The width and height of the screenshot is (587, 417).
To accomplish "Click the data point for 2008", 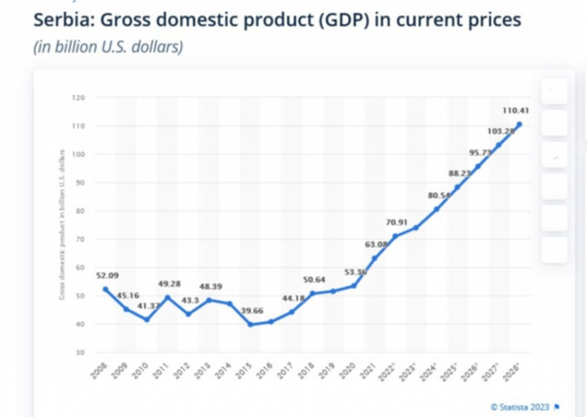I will point(106,289).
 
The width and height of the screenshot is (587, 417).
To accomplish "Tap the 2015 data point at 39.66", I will point(251,324).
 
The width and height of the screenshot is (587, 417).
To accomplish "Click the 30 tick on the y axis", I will point(80,352).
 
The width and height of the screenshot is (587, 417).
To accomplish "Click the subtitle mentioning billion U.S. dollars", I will point(108,47).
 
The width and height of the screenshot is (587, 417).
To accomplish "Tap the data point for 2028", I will point(519,124).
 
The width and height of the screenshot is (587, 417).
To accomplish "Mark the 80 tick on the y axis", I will point(80,211).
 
